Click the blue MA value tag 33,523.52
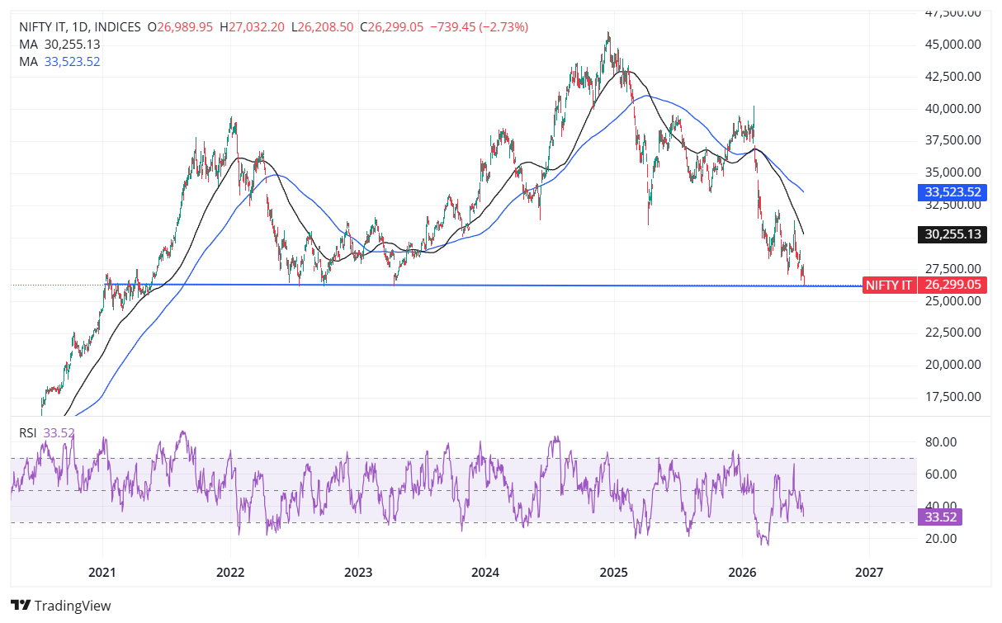(952, 192)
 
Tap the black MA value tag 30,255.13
(952, 234)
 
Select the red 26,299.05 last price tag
(952, 285)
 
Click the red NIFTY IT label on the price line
(889, 286)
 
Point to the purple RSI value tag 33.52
(940, 517)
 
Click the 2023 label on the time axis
(358, 573)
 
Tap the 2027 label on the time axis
(868, 573)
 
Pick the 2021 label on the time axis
(102, 573)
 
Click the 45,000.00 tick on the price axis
(952, 45)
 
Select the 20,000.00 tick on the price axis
(952, 365)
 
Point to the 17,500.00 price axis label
(952, 397)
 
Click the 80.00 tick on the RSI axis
(941, 442)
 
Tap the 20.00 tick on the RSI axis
(941, 539)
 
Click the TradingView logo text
(73, 606)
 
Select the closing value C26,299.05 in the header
(391, 27)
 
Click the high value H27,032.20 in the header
(252, 27)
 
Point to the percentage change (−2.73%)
(503, 27)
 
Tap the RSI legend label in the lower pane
(28, 433)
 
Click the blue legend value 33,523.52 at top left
(72, 62)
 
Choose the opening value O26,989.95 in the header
(180, 27)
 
